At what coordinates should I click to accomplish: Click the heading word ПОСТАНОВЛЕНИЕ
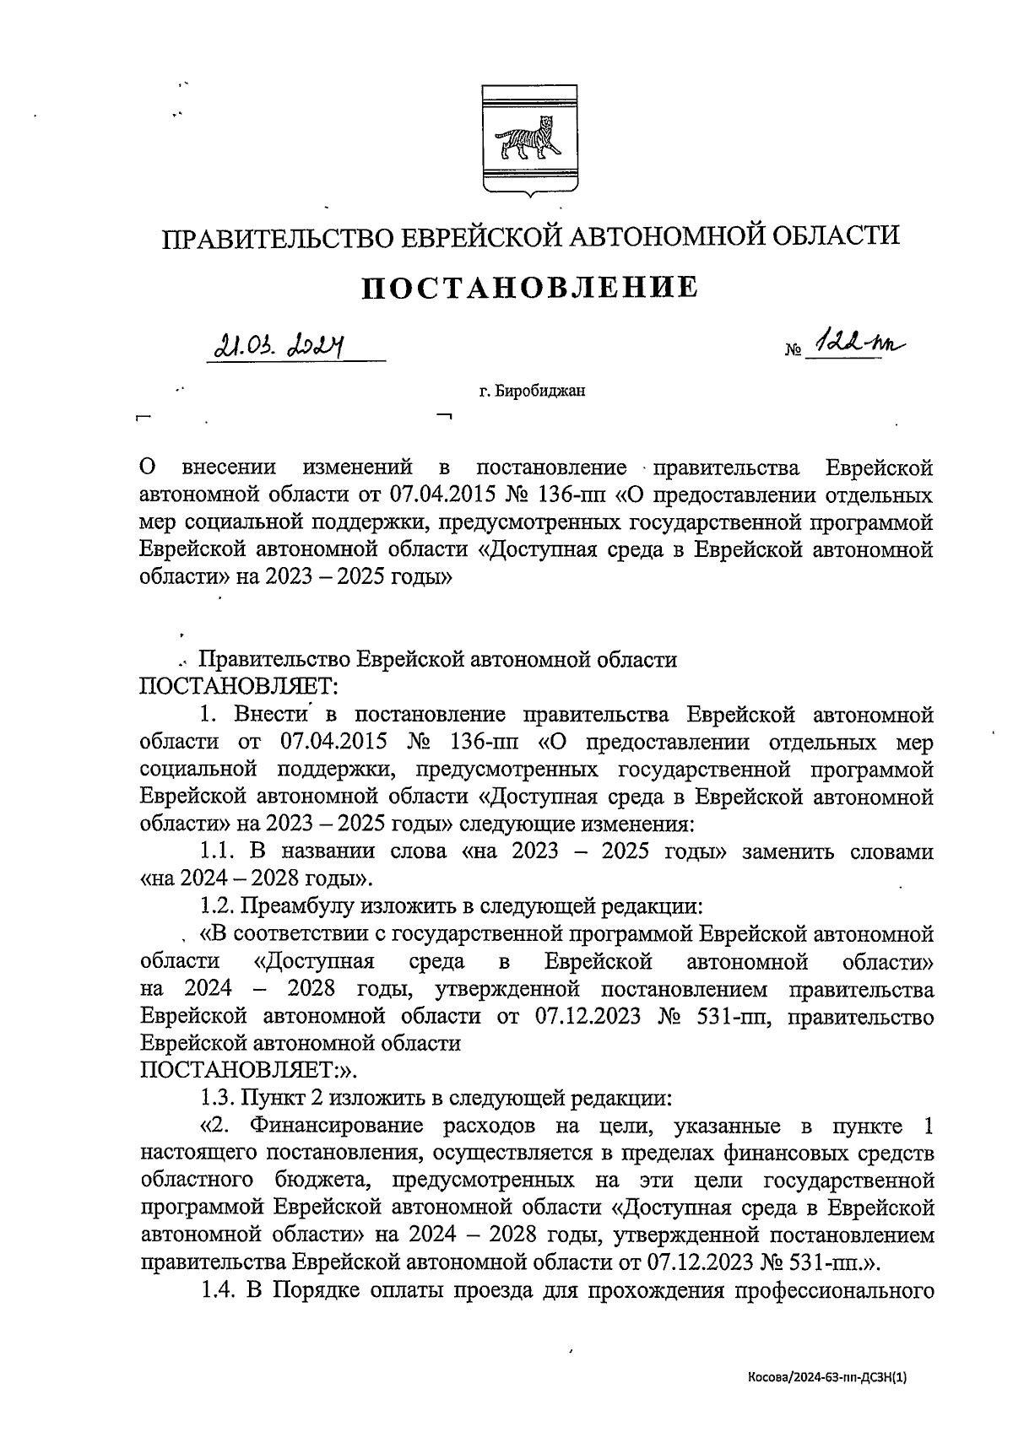530,289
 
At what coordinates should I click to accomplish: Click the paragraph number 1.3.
218,1099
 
